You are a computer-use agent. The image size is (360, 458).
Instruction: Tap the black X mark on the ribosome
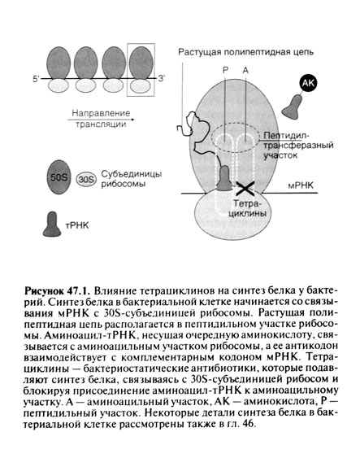(x=243, y=188)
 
